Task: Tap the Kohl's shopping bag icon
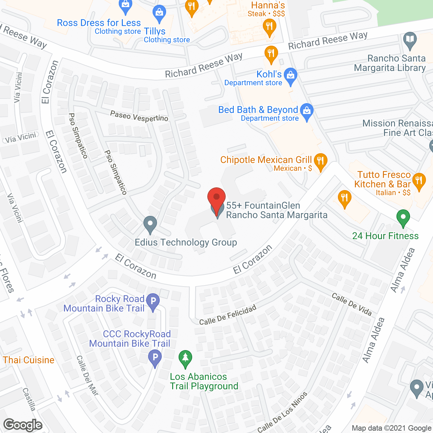[x=290, y=75]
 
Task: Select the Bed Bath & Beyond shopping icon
[x=307, y=111]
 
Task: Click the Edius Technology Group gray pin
[x=150, y=224]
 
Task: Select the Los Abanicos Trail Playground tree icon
[x=185, y=358]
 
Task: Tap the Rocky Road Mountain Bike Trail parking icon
[x=153, y=301]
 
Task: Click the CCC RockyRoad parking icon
[x=155, y=357]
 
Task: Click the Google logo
[x=23, y=425]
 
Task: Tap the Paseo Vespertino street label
[x=139, y=116]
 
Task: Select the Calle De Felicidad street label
[x=227, y=315]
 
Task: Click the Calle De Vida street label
[x=351, y=304]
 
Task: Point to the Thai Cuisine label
[x=29, y=360]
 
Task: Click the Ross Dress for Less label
[x=99, y=23]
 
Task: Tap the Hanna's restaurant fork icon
[x=269, y=26]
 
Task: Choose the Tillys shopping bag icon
[x=159, y=13]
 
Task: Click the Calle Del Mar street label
[x=87, y=375]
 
